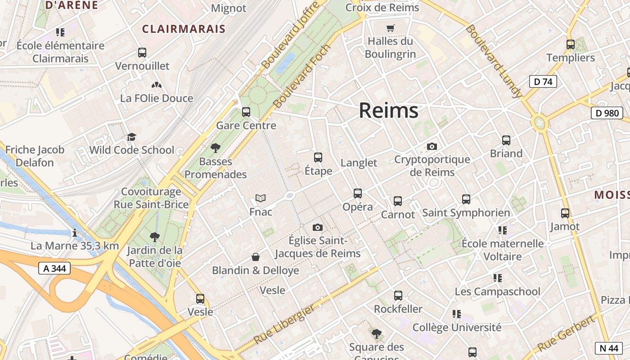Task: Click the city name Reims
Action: point(388,111)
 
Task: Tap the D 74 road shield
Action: point(543,81)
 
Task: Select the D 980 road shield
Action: point(607,113)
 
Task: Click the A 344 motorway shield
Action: point(54,269)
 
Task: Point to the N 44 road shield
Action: point(608,348)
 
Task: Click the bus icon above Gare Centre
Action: point(246,112)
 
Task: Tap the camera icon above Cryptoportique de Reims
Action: point(432,146)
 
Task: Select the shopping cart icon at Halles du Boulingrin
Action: point(390,28)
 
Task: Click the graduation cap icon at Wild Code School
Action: point(131,137)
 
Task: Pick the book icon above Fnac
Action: point(261,198)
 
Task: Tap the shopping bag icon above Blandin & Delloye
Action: point(256,257)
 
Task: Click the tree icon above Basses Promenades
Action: point(216,148)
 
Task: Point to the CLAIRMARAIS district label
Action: point(184,29)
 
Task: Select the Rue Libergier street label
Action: point(284,324)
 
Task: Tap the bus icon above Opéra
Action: point(358,193)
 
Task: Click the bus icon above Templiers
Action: point(571,45)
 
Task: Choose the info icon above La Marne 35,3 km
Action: point(75,233)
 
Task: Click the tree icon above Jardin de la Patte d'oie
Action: point(155,237)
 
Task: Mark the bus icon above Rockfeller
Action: point(398,296)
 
